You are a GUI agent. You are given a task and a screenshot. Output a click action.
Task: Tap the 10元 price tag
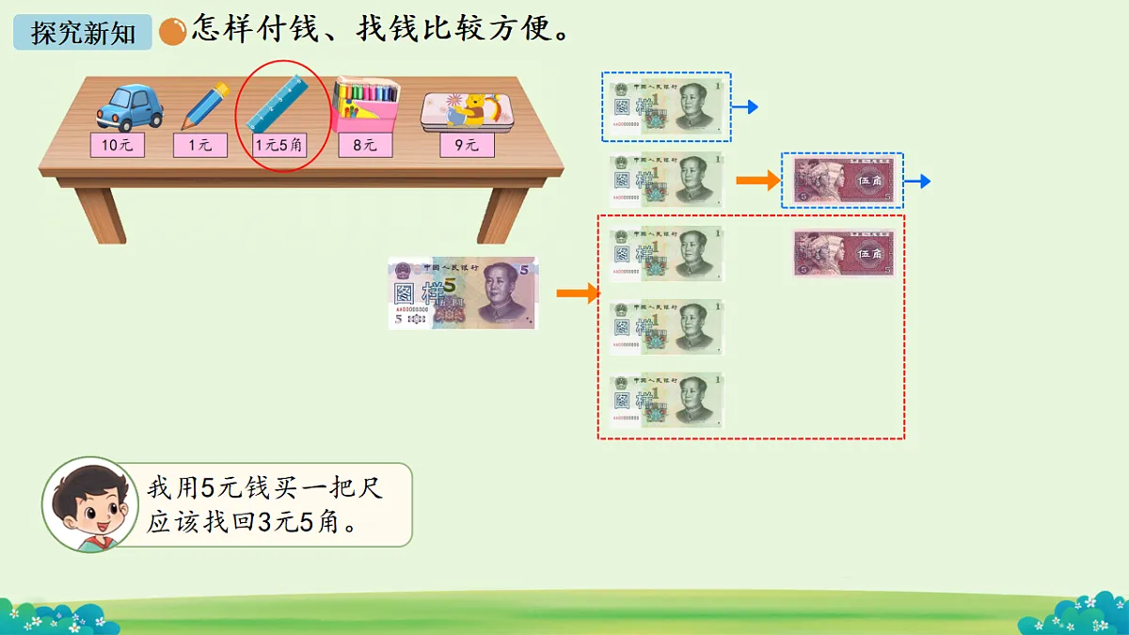pos(118,145)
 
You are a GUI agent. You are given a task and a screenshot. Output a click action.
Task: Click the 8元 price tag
pos(365,145)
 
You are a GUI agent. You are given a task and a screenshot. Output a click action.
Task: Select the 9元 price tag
pos(468,145)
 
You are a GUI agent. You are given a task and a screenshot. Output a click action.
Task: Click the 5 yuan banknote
pos(463,294)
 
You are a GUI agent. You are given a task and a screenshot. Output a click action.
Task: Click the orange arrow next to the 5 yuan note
pos(578,294)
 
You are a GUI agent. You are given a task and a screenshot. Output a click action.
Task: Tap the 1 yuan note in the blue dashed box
pos(667,105)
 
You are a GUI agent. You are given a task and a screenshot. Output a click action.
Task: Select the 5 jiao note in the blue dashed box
pos(843,181)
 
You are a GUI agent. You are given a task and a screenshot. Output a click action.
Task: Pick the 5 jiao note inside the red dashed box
pos(843,253)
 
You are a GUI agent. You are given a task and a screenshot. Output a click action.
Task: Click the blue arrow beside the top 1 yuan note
pos(746,107)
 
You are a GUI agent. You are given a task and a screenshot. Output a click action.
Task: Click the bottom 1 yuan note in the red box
pos(667,401)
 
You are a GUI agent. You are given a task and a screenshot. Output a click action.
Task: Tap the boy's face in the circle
pos(87,503)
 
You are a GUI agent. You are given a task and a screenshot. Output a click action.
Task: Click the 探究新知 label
pos(83,34)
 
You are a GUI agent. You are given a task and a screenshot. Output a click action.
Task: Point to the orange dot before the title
pos(172,33)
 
